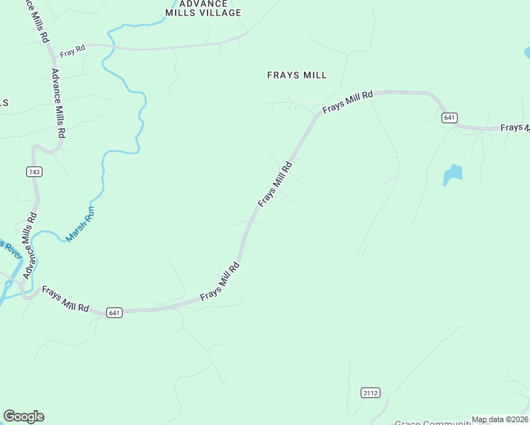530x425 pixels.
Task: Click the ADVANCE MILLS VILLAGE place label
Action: tap(203, 8)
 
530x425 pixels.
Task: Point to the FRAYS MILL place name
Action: tap(297, 74)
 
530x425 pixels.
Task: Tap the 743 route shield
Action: tap(34, 172)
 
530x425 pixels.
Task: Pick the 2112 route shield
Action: tap(371, 392)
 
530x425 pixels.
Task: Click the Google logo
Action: tap(23, 416)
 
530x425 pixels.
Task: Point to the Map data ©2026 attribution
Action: tap(500, 419)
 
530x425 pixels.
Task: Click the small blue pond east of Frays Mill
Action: tap(452, 174)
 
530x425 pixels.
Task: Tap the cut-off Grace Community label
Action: tap(432, 422)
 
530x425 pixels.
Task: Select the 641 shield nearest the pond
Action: tap(449, 118)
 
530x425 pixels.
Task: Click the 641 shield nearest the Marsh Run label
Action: tap(115, 312)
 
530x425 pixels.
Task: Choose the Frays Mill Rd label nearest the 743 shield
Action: tap(65, 299)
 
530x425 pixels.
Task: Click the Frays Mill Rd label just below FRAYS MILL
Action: tap(347, 102)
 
